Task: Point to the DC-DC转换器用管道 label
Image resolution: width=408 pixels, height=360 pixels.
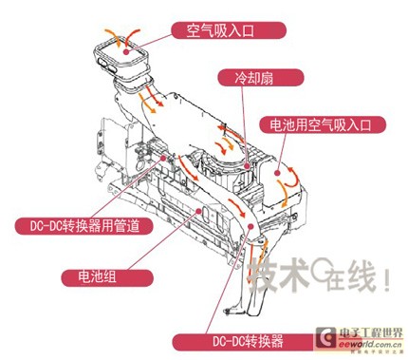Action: [x=84, y=226]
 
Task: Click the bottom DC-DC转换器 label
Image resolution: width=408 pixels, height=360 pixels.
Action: [x=248, y=341]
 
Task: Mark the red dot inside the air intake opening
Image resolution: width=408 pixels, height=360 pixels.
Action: [x=126, y=51]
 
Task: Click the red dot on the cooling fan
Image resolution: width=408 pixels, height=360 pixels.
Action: [x=247, y=165]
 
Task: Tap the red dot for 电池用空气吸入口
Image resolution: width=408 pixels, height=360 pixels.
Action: [x=277, y=173]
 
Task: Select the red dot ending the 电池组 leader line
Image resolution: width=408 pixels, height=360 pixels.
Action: [x=198, y=210]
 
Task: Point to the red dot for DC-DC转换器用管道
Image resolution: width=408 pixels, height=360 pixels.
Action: [x=163, y=158]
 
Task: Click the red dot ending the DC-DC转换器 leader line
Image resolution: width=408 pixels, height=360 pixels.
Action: [x=250, y=226]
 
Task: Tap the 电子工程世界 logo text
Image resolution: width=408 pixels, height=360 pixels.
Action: [x=371, y=333]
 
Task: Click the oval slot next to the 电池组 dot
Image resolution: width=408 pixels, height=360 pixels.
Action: [x=206, y=216]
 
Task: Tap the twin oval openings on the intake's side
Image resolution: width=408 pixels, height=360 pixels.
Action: [x=107, y=64]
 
